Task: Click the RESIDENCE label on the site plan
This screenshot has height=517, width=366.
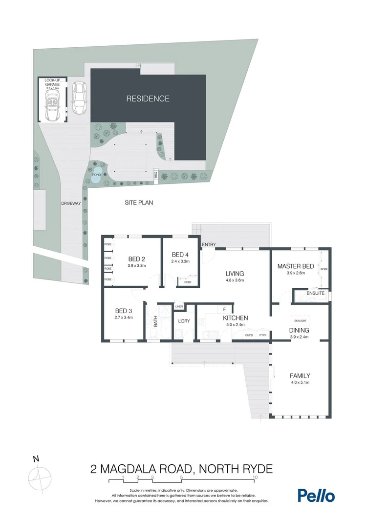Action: click(148, 99)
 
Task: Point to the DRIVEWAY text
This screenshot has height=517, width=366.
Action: click(71, 203)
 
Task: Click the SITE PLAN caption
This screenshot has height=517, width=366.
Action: click(138, 202)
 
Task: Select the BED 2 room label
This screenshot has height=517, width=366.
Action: click(137, 259)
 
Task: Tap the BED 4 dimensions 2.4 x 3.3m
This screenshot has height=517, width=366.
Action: click(180, 262)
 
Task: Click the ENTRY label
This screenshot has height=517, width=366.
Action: click(209, 244)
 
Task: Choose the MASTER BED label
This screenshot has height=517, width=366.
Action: click(295, 266)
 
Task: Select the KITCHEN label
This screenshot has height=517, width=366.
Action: click(236, 318)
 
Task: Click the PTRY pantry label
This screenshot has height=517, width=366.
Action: click(262, 335)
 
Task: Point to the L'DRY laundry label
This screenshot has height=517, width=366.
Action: click(184, 320)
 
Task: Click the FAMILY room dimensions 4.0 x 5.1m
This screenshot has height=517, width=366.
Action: click(300, 382)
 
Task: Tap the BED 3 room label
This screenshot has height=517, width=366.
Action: click(124, 311)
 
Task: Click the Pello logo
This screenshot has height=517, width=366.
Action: click(316, 496)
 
